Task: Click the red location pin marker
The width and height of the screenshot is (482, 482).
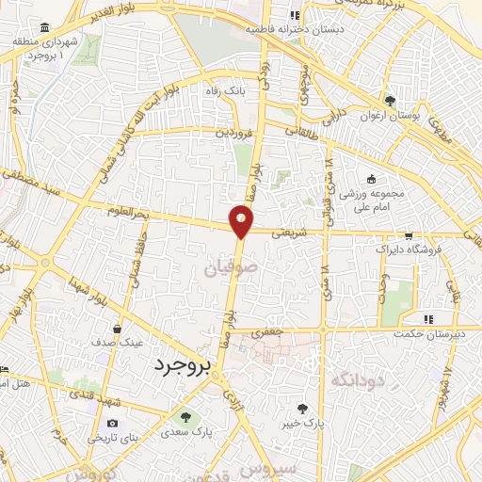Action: coord(242,221)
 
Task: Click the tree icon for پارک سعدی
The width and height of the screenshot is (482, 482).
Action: coord(185,416)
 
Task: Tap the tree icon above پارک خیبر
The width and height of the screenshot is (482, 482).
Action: coord(302,409)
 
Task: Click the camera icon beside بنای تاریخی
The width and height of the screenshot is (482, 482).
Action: coord(113,424)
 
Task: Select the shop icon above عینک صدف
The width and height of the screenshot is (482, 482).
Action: coord(116,329)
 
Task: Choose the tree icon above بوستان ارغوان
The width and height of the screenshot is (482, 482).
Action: coord(389,101)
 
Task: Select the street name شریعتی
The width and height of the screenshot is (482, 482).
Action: coord(290,229)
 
